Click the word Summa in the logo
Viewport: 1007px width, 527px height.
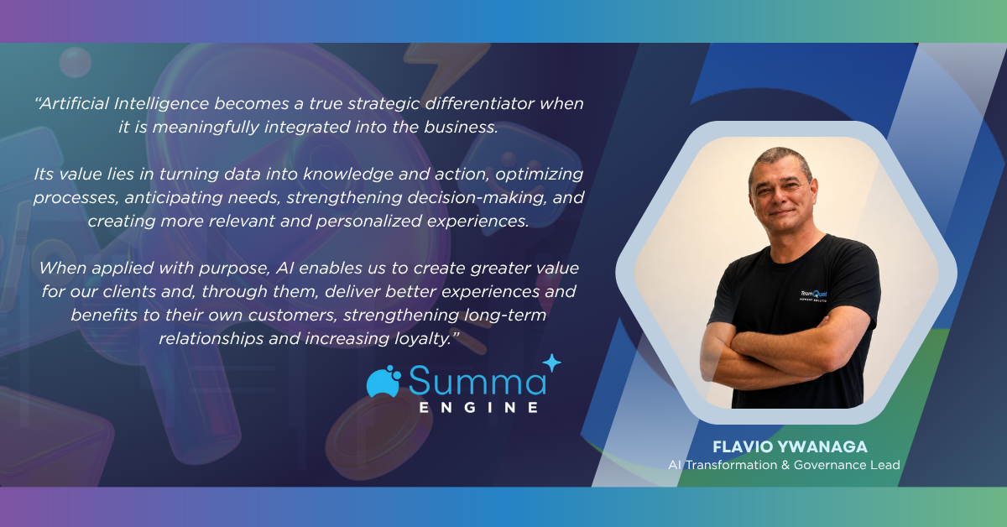point(477,381)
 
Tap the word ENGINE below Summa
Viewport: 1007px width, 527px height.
point(479,407)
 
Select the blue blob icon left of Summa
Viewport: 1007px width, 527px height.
point(383,382)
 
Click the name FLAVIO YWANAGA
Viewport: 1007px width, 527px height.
point(790,447)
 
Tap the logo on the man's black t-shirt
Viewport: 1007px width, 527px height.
point(813,295)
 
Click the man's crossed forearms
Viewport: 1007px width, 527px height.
point(778,354)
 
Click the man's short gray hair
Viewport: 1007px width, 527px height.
point(780,159)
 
